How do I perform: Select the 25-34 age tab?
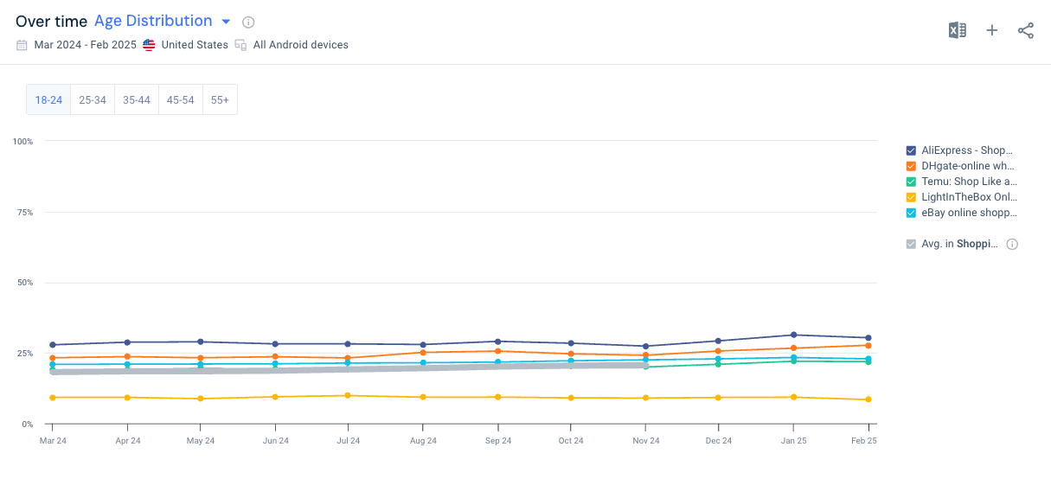(93, 100)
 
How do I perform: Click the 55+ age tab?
(220, 100)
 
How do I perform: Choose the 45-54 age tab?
(180, 100)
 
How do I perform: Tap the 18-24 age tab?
(48, 100)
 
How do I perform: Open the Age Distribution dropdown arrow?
(226, 22)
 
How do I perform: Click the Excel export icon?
(957, 31)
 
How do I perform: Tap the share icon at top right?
(1026, 31)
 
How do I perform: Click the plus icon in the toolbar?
(992, 31)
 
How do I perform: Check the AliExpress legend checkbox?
(911, 150)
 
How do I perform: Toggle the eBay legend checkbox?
(911, 213)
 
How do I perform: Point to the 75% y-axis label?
(24, 212)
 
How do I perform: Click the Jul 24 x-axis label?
(348, 441)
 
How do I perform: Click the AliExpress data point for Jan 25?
(793, 335)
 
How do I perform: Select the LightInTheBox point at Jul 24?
(348, 395)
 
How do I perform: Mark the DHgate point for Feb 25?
(868, 345)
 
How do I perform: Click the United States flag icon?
(149, 45)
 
